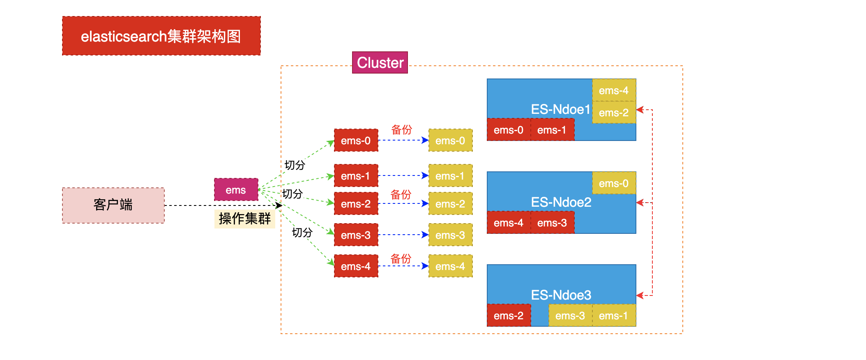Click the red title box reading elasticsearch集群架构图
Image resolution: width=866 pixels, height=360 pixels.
(x=161, y=36)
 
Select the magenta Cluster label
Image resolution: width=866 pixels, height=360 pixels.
(x=380, y=63)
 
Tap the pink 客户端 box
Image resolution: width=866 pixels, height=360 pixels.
(x=113, y=205)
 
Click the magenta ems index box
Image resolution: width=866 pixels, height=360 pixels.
(x=236, y=190)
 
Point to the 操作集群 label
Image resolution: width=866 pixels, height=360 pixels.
(x=244, y=219)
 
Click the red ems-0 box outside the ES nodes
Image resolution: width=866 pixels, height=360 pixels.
(x=356, y=141)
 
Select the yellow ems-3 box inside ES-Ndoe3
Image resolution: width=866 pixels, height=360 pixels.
(x=570, y=316)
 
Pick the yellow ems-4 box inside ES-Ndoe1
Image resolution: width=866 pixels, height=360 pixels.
(x=614, y=90)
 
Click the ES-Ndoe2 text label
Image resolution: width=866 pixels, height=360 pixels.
(x=561, y=202)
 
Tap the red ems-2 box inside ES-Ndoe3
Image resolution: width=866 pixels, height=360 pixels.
(x=509, y=316)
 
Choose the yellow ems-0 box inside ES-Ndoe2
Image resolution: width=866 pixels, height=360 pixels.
(x=614, y=183)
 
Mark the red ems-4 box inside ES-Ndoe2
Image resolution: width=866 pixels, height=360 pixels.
(x=509, y=223)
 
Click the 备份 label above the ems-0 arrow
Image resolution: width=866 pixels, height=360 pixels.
(x=401, y=130)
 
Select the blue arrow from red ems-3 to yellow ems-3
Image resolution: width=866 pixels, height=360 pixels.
(x=403, y=235)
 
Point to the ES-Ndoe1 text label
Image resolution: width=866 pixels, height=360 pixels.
(x=560, y=109)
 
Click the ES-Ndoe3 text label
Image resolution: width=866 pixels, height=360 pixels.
(x=561, y=295)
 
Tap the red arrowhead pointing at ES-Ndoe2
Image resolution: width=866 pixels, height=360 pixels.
(x=639, y=203)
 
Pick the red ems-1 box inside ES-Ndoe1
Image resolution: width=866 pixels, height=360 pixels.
(x=552, y=130)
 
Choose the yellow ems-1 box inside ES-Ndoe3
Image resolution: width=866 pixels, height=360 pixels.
(x=614, y=316)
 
